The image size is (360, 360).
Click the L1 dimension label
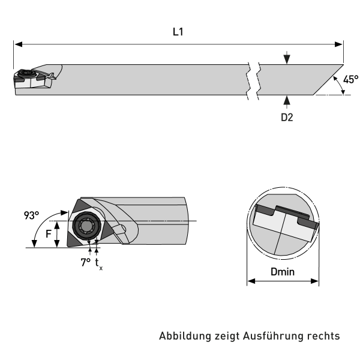178,32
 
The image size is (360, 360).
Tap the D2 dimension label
287,118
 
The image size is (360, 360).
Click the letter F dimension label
48,235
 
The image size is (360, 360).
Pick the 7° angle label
86,262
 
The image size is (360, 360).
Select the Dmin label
283,272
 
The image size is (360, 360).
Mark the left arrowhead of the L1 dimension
17,44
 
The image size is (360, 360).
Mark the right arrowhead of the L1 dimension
340,44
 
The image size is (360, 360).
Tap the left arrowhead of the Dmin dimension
251,281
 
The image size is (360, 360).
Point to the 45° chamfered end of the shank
327,80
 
